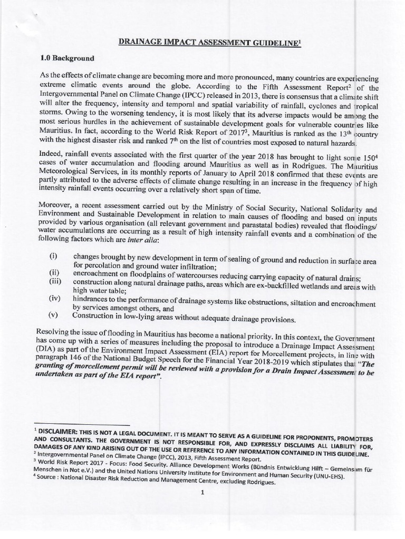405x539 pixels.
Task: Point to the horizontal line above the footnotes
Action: click(x=81, y=424)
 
